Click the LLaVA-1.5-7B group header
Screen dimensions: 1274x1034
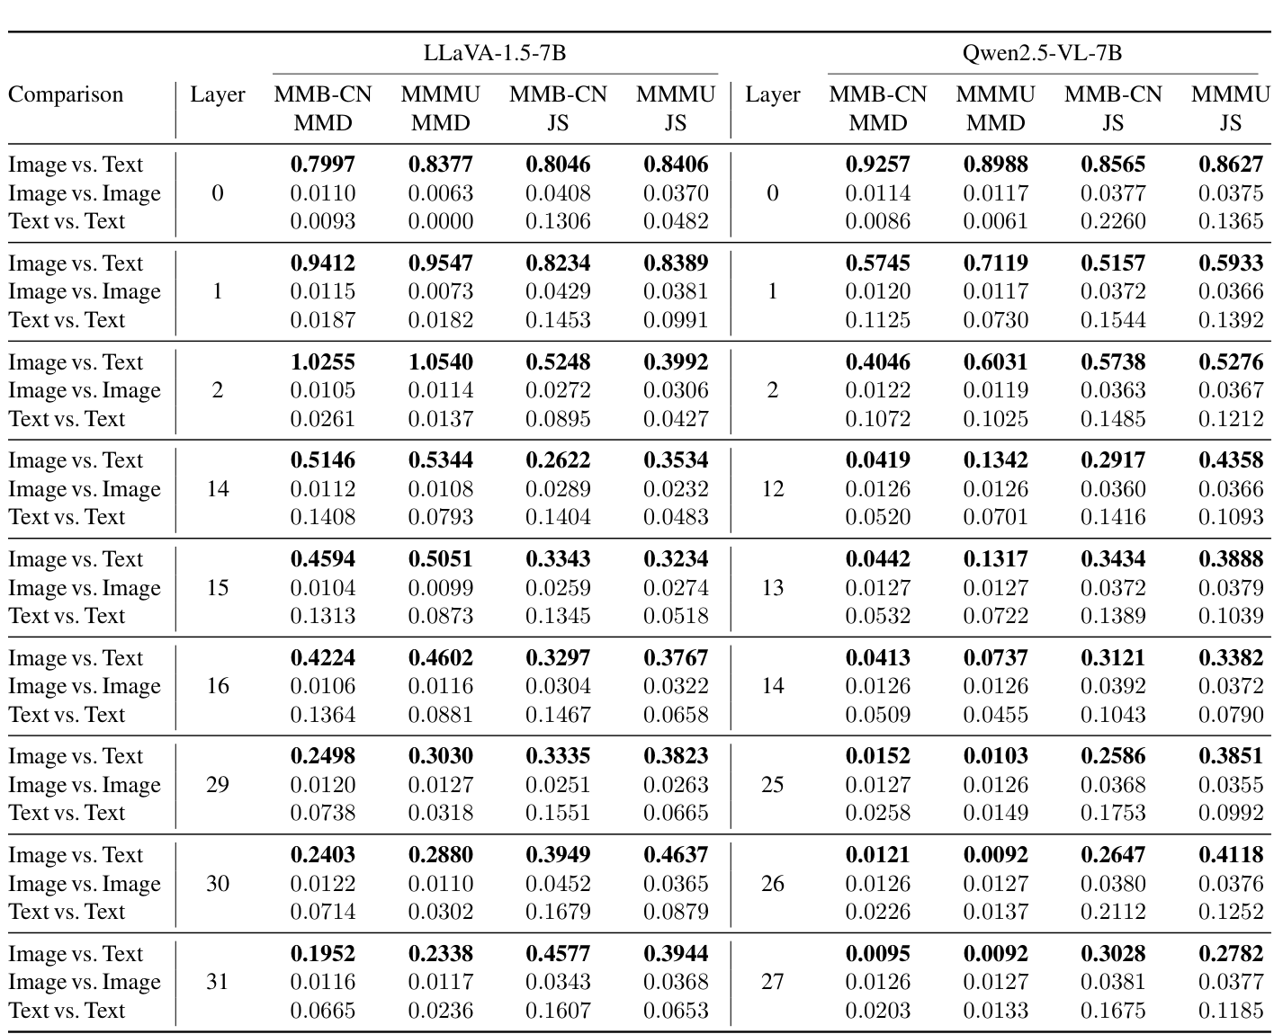pos(495,52)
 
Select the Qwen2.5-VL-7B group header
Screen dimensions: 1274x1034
pos(1042,52)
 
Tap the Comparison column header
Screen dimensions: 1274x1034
pos(66,94)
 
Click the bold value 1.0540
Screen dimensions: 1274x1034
pos(440,362)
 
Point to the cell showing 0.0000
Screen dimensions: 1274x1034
pos(440,221)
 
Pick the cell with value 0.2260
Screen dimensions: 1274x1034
pos(1113,221)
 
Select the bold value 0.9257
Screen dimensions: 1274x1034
pos(877,165)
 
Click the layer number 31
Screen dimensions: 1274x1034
pos(218,982)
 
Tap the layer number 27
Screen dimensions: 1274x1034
pos(772,982)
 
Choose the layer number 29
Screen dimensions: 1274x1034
pos(218,785)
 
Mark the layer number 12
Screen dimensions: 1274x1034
pos(772,489)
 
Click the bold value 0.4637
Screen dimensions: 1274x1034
pos(676,855)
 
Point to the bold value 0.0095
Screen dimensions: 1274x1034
pos(877,954)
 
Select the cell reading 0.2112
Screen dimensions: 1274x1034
pos(1113,912)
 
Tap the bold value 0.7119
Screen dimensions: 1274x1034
pos(995,263)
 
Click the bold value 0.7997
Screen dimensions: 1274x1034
pos(323,165)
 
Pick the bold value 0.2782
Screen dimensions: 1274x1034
pos(1231,954)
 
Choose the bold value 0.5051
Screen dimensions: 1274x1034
pos(440,559)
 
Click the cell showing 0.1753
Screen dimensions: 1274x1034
pos(1113,813)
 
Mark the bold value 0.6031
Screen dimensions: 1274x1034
pos(995,362)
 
